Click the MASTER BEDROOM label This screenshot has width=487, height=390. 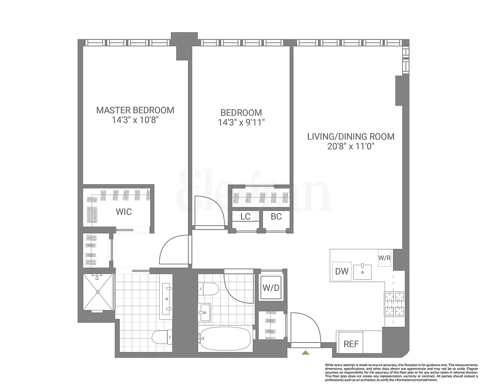(135, 110)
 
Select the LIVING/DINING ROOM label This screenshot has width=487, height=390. (351, 136)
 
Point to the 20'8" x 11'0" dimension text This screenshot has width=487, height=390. (351, 147)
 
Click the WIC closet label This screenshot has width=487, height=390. (124, 212)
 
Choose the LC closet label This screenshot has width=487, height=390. (245, 216)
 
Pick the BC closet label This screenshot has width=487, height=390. (276, 216)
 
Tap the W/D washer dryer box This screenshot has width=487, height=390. (271, 288)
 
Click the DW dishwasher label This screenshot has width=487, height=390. (342, 272)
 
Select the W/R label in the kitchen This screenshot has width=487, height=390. (384, 257)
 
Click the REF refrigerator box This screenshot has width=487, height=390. (351, 344)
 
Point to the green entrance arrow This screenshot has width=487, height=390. (305, 352)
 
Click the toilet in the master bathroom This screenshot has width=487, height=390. (161, 337)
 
